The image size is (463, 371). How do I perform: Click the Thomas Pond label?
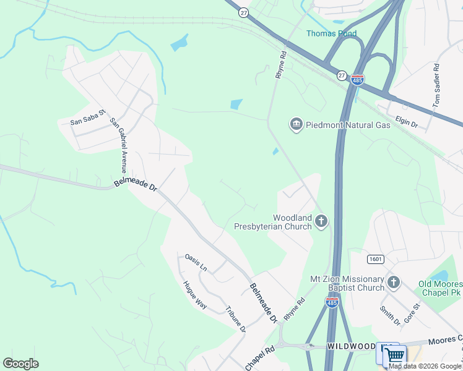(332, 33)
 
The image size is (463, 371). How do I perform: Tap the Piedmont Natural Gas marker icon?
(296, 125)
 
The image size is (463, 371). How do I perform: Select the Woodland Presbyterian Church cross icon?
(321, 221)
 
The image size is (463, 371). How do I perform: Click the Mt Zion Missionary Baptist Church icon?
(394, 283)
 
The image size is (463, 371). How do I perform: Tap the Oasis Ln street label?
(196, 262)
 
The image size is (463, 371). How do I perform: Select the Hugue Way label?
(194, 297)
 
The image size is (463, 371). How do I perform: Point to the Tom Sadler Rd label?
(437, 85)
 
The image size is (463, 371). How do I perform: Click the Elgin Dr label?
(406, 124)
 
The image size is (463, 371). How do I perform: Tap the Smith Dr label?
(390, 315)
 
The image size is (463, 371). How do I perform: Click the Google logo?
(20, 364)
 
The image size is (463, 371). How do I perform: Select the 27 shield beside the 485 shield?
(342, 75)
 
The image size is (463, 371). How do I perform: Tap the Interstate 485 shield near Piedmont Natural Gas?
(357, 79)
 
